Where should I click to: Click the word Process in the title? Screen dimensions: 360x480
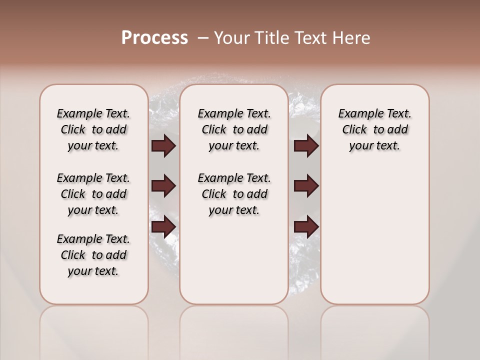(154, 38)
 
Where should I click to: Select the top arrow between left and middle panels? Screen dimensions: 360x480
(163, 146)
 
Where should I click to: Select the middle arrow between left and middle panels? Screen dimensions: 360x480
(163, 186)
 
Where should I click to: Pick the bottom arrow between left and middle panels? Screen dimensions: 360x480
(163, 227)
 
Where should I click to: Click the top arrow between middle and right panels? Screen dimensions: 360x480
(306, 146)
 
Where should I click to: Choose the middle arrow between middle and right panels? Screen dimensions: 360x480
(306, 186)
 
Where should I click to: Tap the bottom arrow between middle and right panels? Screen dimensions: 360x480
(306, 227)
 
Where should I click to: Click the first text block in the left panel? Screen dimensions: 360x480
(93, 129)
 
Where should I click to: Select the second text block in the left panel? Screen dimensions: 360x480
(93, 194)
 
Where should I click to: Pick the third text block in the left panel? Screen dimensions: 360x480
(93, 255)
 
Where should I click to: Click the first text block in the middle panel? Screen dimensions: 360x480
(234, 129)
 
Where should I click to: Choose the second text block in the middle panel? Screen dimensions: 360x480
(234, 194)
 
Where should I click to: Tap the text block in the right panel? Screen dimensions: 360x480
(374, 129)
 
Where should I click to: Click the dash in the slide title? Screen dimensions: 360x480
(202, 38)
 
